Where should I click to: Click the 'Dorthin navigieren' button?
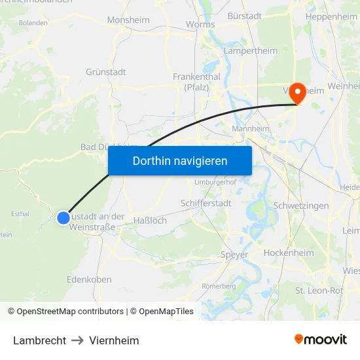(x=180, y=160)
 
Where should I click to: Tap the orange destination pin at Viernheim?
(x=297, y=93)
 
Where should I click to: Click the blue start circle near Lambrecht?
(x=63, y=218)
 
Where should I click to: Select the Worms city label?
(x=200, y=24)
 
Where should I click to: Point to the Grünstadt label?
(x=105, y=72)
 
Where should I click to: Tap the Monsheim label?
(x=128, y=20)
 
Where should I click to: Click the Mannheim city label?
(x=251, y=129)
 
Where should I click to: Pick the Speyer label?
(x=234, y=255)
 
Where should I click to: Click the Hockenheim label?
(x=289, y=253)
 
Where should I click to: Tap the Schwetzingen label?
(x=300, y=206)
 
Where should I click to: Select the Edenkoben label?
(x=89, y=279)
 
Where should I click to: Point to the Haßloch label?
(x=150, y=221)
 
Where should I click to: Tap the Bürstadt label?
(x=244, y=15)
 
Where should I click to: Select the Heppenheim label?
(x=331, y=16)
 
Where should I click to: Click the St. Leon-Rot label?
(x=319, y=290)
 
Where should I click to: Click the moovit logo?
(x=321, y=340)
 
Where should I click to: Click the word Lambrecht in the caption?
(x=39, y=340)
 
